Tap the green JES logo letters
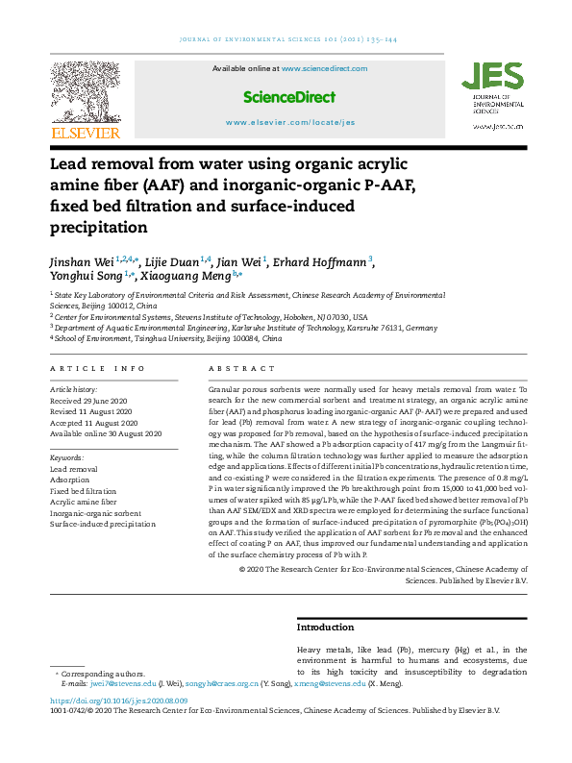coord(493,77)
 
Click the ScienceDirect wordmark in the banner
coord(289,97)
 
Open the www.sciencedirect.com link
coord(325,69)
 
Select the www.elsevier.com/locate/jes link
coord(289,123)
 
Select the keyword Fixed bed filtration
coord(83,490)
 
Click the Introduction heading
coord(326,627)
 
